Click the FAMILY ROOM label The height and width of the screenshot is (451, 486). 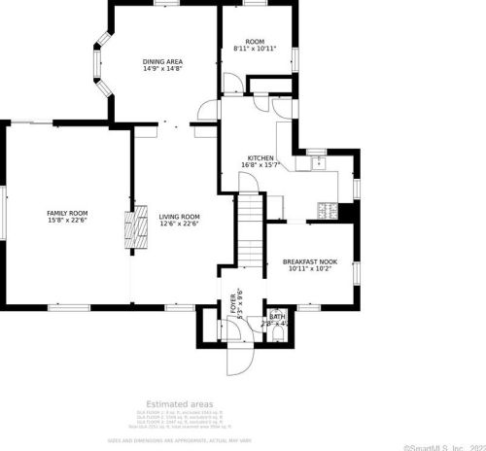tap(68, 212)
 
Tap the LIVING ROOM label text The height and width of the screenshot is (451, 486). tap(180, 216)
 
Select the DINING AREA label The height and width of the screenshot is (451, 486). tap(163, 61)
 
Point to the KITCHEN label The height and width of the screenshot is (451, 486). tap(260, 157)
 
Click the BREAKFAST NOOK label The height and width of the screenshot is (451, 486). tap(310, 261)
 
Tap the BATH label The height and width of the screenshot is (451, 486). tap(277, 316)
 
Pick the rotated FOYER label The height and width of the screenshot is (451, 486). tap(232, 303)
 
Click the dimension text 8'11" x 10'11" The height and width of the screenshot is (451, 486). tap(255, 48)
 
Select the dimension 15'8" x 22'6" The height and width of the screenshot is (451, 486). tap(68, 220)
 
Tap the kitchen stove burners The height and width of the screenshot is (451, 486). tap(328, 208)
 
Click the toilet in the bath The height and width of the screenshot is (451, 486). tap(280, 334)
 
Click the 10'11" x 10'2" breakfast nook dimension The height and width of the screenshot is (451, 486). tap(310, 268)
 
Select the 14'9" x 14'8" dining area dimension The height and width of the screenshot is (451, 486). tap(163, 68)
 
